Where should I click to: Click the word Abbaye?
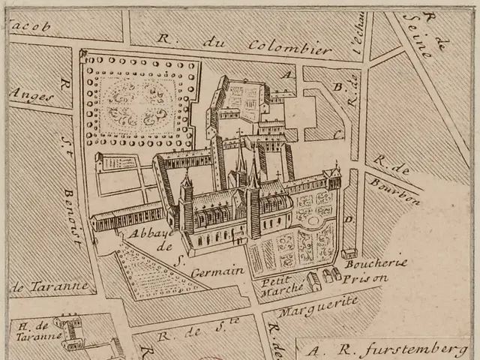145,234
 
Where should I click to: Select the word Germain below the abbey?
218,271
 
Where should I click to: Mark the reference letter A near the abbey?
285,74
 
